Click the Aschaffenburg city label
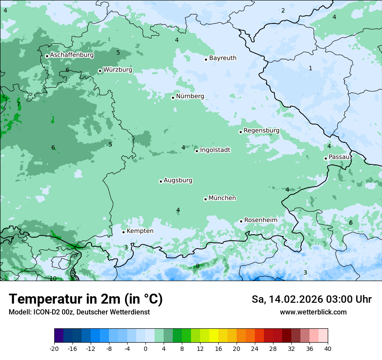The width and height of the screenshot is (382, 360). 72,55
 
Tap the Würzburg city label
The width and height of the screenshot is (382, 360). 118,70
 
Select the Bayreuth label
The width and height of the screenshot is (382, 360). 223,58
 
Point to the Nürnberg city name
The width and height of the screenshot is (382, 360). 190,96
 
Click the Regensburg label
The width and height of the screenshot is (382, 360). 261,131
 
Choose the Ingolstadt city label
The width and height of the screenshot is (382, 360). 215,150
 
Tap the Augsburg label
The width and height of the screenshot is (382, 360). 178,180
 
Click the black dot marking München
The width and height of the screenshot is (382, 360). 205,199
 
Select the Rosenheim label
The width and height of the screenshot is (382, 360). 260,220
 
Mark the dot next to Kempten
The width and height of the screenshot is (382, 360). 123,232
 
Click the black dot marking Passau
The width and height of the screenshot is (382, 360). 326,158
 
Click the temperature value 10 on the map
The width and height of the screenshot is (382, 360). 53,278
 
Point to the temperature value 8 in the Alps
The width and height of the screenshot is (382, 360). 198,266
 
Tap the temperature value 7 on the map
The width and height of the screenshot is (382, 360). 18,104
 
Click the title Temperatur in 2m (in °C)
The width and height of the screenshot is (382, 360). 86,299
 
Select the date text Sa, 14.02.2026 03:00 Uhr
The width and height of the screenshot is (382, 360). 311,299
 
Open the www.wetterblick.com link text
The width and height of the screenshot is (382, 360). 313,312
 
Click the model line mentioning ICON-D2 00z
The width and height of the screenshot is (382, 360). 79,312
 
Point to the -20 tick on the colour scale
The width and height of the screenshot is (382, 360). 54,348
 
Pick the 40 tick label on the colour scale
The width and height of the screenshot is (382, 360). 327,348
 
